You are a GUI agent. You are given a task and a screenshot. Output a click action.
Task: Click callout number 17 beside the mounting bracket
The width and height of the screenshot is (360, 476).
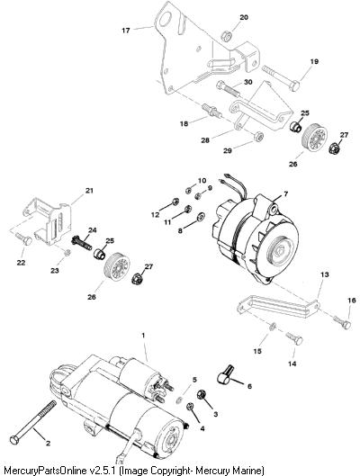[x=126, y=31]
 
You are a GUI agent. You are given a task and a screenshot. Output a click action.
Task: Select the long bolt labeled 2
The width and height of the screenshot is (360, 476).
[x=33, y=423]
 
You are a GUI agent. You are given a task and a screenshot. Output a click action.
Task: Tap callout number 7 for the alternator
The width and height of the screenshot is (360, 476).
[x=285, y=193]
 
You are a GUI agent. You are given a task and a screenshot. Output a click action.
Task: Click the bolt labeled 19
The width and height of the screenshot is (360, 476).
[x=281, y=78]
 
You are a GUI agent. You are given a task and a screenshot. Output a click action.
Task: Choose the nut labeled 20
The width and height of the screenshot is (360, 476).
[x=227, y=36]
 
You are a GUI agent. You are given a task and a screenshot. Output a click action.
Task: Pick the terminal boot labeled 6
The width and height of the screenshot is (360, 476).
[x=226, y=374]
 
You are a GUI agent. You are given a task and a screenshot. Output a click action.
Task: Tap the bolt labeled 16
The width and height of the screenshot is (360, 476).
[x=342, y=322]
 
